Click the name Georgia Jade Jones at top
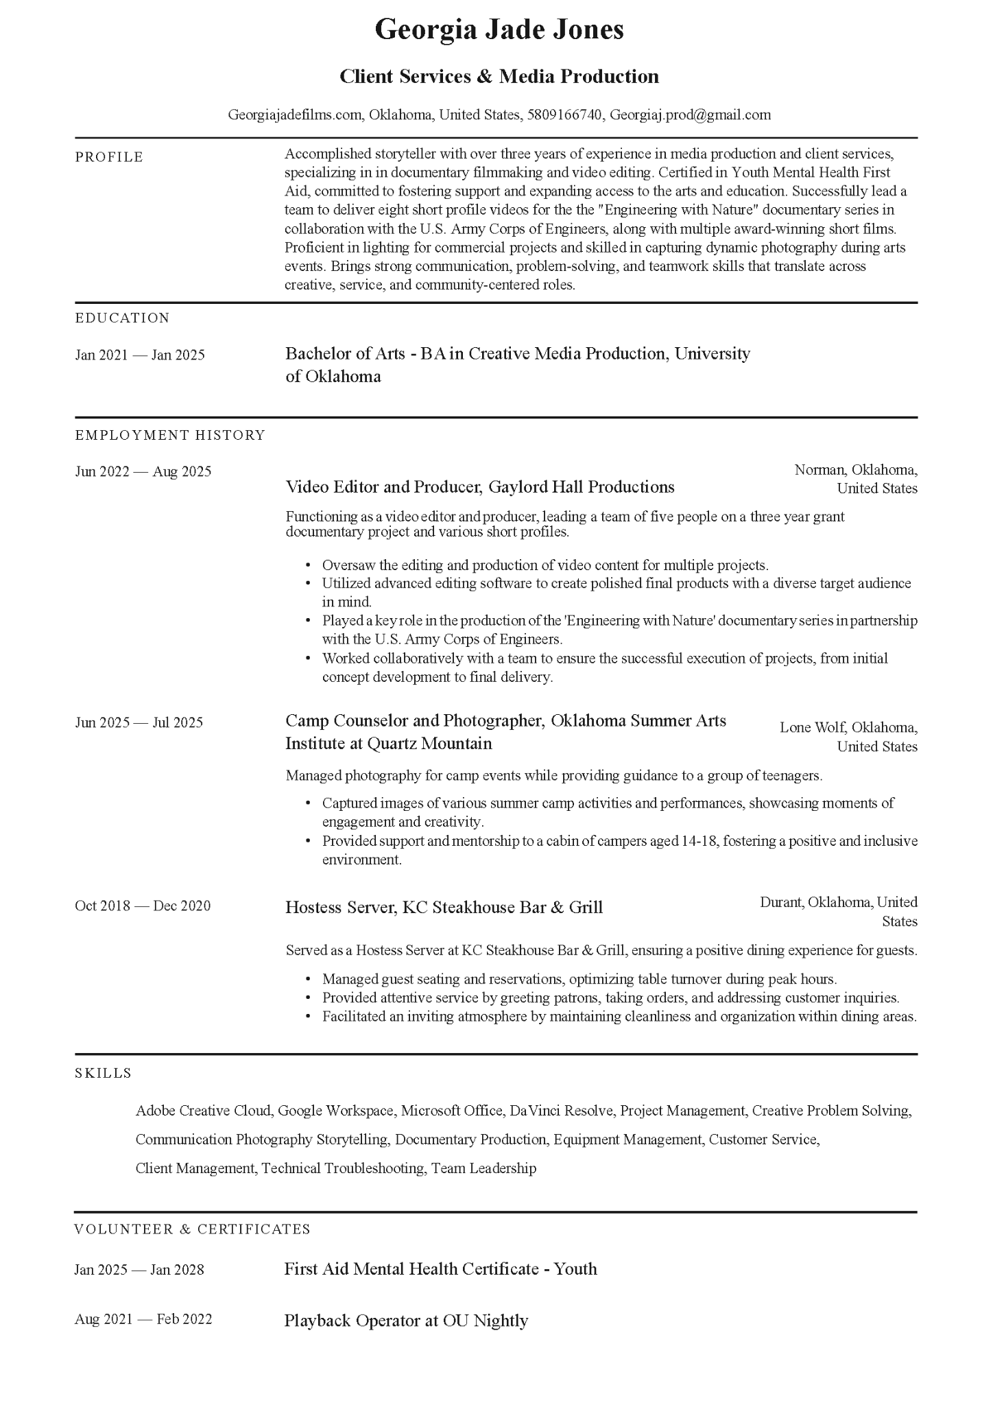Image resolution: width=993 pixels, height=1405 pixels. [499, 30]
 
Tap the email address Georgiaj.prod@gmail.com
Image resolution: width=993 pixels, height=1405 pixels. [690, 115]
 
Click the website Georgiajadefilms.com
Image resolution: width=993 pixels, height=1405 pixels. [294, 115]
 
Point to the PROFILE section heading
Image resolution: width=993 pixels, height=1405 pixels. [109, 157]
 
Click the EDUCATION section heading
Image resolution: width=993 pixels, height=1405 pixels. [122, 318]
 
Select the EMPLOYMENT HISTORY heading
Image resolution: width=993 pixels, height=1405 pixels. [169, 435]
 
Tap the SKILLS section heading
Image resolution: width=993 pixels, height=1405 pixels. [103, 1074]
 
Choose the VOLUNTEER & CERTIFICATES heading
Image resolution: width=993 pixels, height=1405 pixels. [192, 1229]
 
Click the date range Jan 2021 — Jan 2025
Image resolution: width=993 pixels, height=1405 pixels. [140, 355]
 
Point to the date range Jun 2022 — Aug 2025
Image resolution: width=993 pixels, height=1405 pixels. [143, 471]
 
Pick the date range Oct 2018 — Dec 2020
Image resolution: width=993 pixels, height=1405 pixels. [143, 906]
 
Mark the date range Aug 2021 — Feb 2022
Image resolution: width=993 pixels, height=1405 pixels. [143, 1319]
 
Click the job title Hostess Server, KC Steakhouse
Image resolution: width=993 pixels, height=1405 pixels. [444, 908]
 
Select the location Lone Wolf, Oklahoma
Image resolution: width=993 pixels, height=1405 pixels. [848, 728]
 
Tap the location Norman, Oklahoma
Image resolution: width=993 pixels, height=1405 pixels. [856, 470]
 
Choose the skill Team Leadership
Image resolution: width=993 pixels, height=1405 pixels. [483, 1168]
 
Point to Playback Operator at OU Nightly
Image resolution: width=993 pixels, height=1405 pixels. [406, 1321]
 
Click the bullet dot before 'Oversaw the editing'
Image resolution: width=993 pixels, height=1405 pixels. [308, 566]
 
